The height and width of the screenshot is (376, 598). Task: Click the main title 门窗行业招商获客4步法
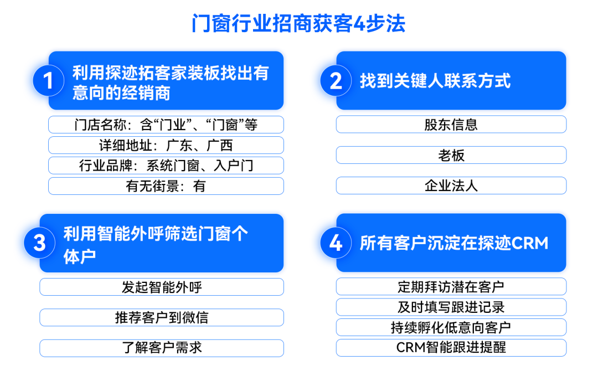tap(298, 24)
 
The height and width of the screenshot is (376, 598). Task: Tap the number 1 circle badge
tap(48, 80)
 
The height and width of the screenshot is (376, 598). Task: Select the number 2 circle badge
tap(336, 80)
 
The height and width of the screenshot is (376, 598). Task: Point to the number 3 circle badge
tap(39, 243)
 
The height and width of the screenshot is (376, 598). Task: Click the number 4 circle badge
tap(336, 243)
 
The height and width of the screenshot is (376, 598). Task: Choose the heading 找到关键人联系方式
tap(435, 81)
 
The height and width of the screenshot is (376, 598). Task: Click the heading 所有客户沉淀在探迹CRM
tap(454, 243)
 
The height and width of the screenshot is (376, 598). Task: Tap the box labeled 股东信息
tap(451, 124)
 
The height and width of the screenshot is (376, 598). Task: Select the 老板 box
tap(451, 155)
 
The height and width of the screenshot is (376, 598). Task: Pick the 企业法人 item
tap(451, 186)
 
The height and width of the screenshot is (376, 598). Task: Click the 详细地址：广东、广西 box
tap(166, 145)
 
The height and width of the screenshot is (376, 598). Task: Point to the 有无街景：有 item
tap(166, 186)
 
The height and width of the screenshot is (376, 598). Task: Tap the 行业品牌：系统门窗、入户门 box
tap(166, 166)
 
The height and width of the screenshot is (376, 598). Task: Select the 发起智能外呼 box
tap(162, 287)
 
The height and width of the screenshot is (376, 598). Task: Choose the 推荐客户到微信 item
tap(162, 317)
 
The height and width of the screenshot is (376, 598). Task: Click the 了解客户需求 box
tap(162, 348)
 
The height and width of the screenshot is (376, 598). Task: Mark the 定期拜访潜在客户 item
tap(451, 286)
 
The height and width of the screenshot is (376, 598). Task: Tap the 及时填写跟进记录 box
tap(451, 307)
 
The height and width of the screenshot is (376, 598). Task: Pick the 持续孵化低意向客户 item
tap(451, 327)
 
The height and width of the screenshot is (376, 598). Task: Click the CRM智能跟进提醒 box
tap(451, 348)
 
